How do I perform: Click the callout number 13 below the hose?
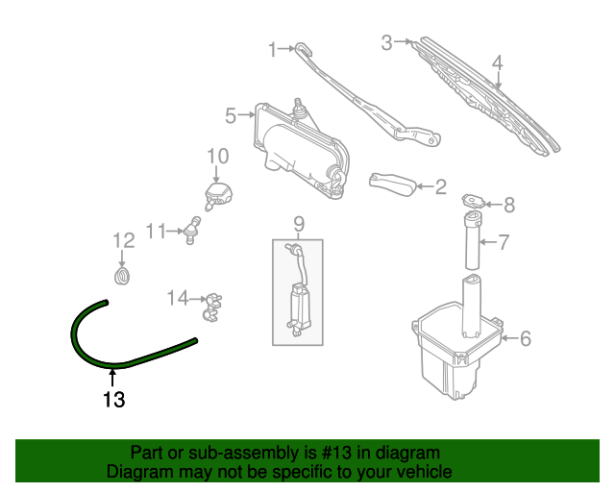(x=113, y=400)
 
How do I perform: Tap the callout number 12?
(x=124, y=240)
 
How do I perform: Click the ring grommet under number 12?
(x=122, y=276)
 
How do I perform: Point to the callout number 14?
(x=178, y=298)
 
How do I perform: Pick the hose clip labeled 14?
(x=212, y=307)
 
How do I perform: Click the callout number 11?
(x=156, y=231)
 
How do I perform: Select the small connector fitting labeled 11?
(x=192, y=230)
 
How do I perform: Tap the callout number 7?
(x=504, y=242)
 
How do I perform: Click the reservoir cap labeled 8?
(x=474, y=201)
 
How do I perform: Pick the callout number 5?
(x=231, y=115)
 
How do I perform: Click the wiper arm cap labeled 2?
(x=393, y=184)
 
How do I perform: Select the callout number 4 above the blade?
(x=497, y=63)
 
